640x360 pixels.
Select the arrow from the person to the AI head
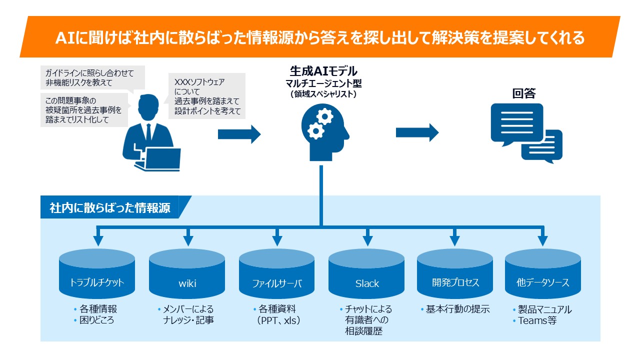pos(239,134)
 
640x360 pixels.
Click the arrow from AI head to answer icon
pos(417,132)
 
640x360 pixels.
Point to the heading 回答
pos(523,93)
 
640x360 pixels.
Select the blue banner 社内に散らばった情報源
pos(110,207)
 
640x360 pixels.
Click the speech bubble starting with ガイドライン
pos(92,78)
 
